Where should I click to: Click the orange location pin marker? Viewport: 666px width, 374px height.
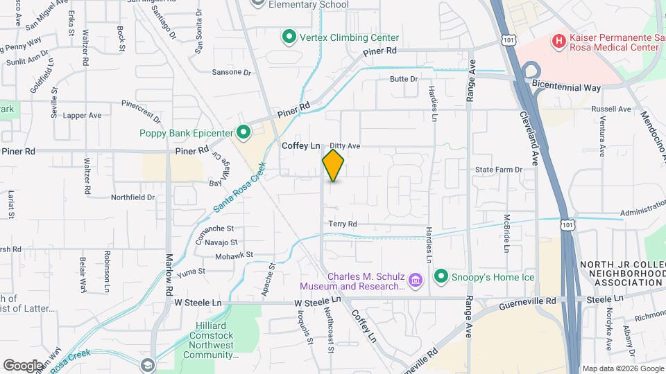click(x=334, y=165)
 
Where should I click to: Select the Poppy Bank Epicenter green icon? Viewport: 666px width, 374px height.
click(x=244, y=132)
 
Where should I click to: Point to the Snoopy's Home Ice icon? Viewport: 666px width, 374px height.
click(x=441, y=278)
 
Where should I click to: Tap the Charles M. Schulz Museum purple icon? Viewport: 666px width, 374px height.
click(x=415, y=280)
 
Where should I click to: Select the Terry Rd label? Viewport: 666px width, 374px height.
click(x=343, y=224)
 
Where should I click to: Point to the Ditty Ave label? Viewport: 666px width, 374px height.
click(x=345, y=146)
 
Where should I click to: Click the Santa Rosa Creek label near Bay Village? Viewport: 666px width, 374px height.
click(x=239, y=187)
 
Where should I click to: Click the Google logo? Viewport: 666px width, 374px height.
click(x=23, y=365)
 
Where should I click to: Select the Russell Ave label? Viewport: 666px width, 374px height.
click(x=611, y=109)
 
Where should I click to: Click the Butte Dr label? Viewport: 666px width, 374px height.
click(x=404, y=79)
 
